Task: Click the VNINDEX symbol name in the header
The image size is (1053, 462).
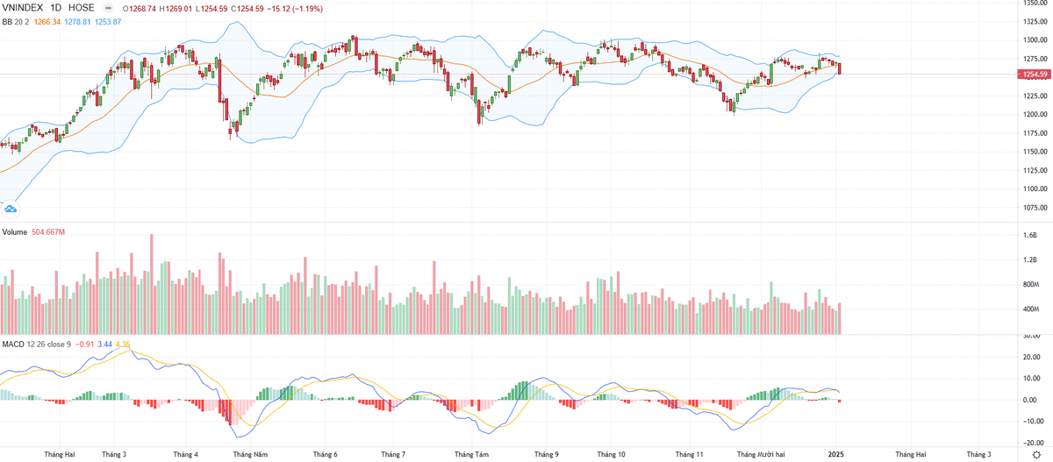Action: coord(26,8)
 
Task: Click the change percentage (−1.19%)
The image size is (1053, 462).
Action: coord(303,8)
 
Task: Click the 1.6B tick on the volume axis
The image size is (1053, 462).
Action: coord(1030,236)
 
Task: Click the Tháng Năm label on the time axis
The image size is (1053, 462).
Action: coord(250,455)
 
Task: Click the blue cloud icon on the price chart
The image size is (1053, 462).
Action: coord(11,209)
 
